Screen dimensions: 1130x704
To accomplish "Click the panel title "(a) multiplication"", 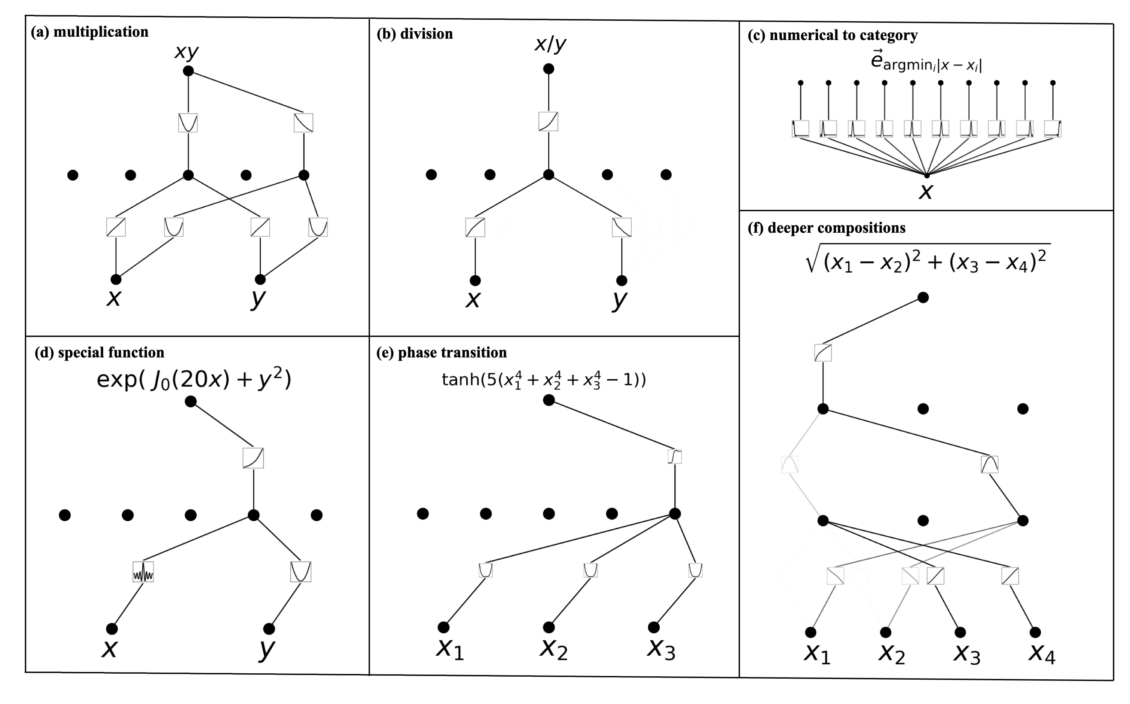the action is pyautogui.click(x=89, y=32).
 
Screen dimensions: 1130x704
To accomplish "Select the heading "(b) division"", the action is pyautogui.click(x=414, y=34).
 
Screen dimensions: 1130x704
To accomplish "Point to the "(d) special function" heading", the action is pyautogui.click(x=99, y=352).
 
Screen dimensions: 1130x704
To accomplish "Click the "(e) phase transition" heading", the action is pyautogui.click(x=442, y=352).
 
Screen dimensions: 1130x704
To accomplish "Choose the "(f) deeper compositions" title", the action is pyautogui.click(x=827, y=228).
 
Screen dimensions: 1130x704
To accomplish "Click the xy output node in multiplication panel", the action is pyautogui.click(x=188, y=71).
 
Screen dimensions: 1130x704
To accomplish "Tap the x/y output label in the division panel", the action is pyautogui.click(x=550, y=44).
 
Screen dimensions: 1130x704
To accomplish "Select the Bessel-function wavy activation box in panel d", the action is pyautogui.click(x=143, y=572).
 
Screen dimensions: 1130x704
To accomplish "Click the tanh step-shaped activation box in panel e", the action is pyautogui.click(x=675, y=456).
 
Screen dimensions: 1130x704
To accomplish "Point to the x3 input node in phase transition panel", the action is pyautogui.click(x=654, y=627).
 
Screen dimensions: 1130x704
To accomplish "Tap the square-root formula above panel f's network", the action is pyautogui.click(x=928, y=258).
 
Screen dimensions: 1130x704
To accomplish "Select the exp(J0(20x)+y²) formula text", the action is pyautogui.click(x=194, y=379).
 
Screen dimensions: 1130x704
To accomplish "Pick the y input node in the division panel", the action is pyautogui.click(x=621, y=280).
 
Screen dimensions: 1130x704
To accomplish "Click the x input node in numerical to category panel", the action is pyautogui.click(x=926, y=175).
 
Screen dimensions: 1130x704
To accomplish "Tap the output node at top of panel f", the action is pyautogui.click(x=923, y=297).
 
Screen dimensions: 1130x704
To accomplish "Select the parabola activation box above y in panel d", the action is pyautogui.click(x=300, y=572).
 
